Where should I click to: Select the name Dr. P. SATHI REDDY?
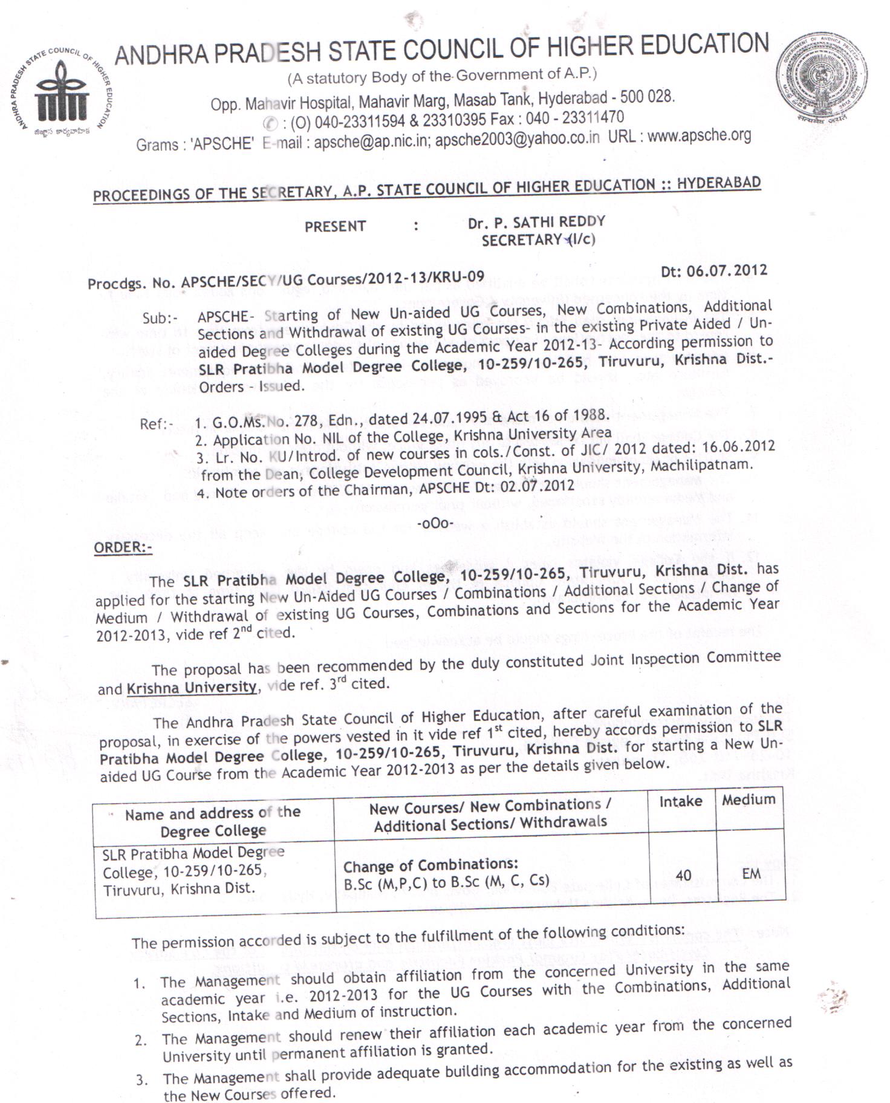[536, 223]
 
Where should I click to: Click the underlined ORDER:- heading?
[123, 547]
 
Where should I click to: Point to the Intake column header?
[681, 802]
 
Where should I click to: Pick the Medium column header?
[749, 799]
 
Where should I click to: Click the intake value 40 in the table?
[683, 876]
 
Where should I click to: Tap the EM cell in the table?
[752, 873]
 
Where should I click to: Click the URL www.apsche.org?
[699, 135]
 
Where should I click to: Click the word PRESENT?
[335, 227]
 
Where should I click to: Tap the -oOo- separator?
[435, 522]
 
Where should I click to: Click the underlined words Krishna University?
[192, 688]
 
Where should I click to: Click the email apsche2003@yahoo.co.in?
[517, 139]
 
